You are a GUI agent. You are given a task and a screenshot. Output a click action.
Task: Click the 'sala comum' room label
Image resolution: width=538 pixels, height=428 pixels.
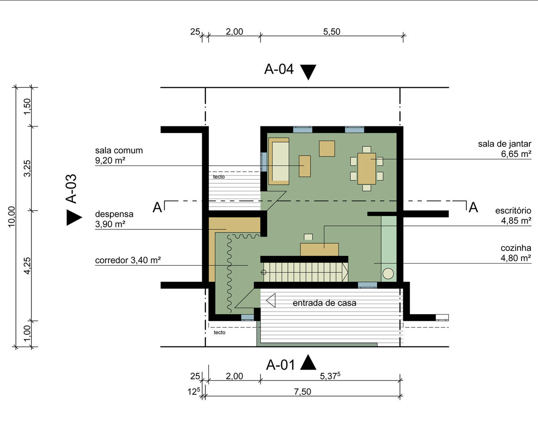119,150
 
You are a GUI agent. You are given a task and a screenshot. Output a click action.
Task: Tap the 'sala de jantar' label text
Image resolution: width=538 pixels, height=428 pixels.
504,144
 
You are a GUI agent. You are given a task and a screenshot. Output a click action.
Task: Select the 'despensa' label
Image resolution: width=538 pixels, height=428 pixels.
114,214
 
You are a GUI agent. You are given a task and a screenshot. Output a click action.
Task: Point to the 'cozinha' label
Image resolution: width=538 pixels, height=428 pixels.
516,248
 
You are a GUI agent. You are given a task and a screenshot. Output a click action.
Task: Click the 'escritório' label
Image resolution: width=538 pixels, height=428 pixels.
513,211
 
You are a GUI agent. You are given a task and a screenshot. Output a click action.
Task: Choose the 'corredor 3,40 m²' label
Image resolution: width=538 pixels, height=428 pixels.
128,260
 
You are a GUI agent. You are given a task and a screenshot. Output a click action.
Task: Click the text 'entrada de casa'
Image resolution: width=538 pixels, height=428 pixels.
324,303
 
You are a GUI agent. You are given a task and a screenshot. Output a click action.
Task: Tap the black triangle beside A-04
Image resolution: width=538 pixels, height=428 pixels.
308,72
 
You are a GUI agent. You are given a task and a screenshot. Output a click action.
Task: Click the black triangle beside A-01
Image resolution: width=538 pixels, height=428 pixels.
308,363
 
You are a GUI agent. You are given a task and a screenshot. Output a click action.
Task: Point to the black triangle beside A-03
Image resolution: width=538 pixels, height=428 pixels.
74,217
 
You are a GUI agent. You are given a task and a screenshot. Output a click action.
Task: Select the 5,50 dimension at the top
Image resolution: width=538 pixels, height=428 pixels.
331,32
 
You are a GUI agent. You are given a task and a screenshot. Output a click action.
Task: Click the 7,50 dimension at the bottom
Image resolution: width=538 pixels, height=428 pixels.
303,392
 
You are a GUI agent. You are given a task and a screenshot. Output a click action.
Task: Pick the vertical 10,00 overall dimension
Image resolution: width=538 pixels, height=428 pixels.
12,216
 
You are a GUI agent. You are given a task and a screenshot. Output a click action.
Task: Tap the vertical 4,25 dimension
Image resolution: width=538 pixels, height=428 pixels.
27,265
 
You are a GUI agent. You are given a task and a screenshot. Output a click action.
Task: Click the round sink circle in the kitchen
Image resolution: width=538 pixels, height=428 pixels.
388,273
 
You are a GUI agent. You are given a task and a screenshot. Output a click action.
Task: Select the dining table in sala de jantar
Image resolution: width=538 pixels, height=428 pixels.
366,169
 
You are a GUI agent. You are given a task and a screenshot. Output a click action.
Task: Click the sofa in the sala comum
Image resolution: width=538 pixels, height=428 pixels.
279,161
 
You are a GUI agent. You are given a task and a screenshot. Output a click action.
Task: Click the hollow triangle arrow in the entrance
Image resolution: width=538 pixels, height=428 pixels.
271,300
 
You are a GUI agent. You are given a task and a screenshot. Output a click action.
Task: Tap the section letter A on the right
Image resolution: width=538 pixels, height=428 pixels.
473,208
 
